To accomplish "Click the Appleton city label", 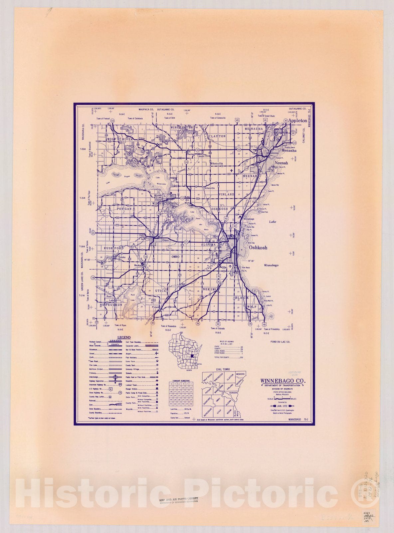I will (x=297, y=120).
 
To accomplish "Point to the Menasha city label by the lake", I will (x=289, y=151).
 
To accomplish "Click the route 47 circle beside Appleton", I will (x=286, y=120).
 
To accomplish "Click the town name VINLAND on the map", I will (x=226, y=194).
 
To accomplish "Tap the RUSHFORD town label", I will (x=113, y=248).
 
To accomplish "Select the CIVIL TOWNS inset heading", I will (x=223, y=369).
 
